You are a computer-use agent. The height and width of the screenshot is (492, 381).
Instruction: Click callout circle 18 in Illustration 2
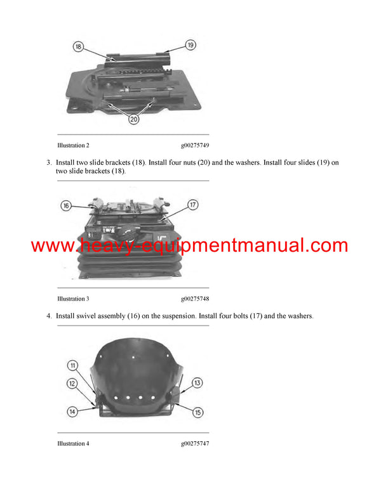pos(78,47)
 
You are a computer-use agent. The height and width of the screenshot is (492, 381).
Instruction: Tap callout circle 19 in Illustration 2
pos(190,45)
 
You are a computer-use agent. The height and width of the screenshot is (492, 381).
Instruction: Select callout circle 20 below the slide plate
pos(134,119)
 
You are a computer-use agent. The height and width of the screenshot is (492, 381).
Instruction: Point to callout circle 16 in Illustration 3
pos(66,205)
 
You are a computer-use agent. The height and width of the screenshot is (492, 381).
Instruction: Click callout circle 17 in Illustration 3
pos(193,205)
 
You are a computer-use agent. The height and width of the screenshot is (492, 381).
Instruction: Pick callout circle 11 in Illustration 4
pos(73,366)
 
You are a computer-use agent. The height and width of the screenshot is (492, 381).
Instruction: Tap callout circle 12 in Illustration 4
pos(73,383)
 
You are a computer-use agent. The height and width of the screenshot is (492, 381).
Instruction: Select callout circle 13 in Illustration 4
pos(197,382)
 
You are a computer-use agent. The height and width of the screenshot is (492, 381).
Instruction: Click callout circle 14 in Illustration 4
pos(73,411)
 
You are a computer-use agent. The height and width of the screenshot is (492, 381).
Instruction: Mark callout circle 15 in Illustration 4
pos(197,412)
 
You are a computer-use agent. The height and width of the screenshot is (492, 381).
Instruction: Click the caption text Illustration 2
pos(73,145)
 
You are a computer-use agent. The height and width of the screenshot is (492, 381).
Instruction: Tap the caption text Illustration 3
pos(73,299)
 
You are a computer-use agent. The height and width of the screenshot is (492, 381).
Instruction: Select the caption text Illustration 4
pos(73,443)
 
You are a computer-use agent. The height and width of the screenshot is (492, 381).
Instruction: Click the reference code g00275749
pos(195,145)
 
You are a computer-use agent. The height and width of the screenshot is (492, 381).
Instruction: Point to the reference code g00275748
pos(195,299)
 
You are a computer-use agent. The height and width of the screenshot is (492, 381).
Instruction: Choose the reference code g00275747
pos(195,443)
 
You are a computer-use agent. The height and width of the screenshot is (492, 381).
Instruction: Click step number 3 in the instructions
pos(49,163)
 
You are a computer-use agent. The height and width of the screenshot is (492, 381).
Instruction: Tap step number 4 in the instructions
pos(49,315)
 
